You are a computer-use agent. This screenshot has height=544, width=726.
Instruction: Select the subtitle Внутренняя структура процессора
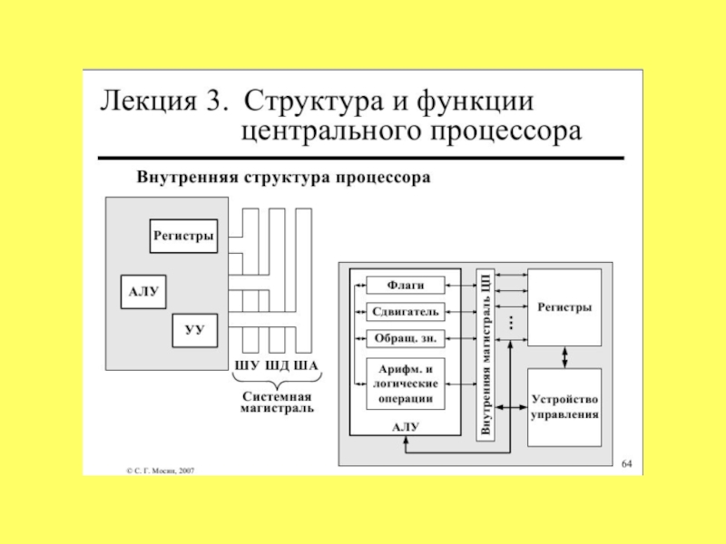(x=283, y=178)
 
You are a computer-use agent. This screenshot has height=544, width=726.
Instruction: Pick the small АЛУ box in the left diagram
(x=143, y=291)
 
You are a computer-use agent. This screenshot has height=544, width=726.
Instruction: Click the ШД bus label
(x=276, y=367)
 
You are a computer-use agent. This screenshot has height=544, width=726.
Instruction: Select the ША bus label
(x=307, y=367)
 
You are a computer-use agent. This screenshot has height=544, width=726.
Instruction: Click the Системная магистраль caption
(x=277, y=402)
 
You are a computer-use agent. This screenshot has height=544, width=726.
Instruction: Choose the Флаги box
(x=406, y=285)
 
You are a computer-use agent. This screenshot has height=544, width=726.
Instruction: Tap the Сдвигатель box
(x=406, y=312)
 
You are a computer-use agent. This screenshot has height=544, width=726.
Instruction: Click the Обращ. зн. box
(x=406, y=338)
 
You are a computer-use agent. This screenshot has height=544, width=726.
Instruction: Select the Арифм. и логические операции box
(x=406, y=383)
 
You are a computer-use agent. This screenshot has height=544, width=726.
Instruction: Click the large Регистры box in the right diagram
(x=564, y=306)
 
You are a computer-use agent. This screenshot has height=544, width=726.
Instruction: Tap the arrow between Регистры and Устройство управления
(x=564, y=356)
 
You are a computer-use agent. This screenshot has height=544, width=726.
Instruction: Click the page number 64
(x=626, y=464)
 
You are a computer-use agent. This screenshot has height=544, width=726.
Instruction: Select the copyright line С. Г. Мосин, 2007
(x=160, y=471)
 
